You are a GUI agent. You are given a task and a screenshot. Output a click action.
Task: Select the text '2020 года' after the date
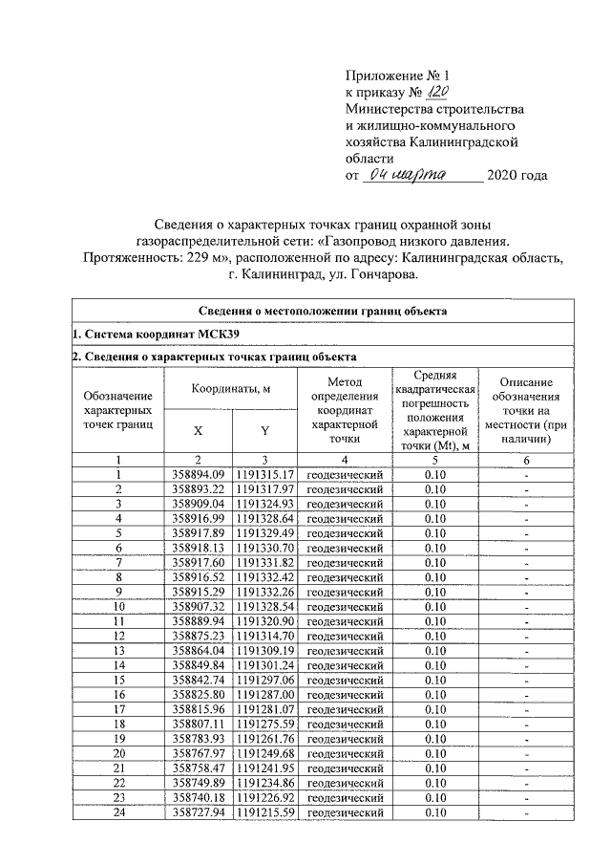point(516,176)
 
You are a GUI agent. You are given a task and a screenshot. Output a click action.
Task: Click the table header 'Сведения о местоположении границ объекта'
point(323,311)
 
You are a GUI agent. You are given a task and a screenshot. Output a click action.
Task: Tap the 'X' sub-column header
point(197,430)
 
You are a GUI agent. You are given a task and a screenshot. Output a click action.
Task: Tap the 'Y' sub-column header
point(264,430)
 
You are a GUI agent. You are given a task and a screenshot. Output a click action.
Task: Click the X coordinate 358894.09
point(198,475)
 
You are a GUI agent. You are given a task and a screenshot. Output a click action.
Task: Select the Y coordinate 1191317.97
point(264,489)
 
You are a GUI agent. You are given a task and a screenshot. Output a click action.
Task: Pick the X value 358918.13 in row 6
point(198,548)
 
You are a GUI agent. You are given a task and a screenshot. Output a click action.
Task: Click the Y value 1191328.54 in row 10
point(264,607)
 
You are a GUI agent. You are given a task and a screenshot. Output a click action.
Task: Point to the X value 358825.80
point(198,695)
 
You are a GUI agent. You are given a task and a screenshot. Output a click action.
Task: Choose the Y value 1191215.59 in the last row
point(264,812)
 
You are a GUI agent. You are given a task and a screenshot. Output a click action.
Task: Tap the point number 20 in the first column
point(118,754)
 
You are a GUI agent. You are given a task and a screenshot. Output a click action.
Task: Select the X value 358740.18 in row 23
point(198,798)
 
